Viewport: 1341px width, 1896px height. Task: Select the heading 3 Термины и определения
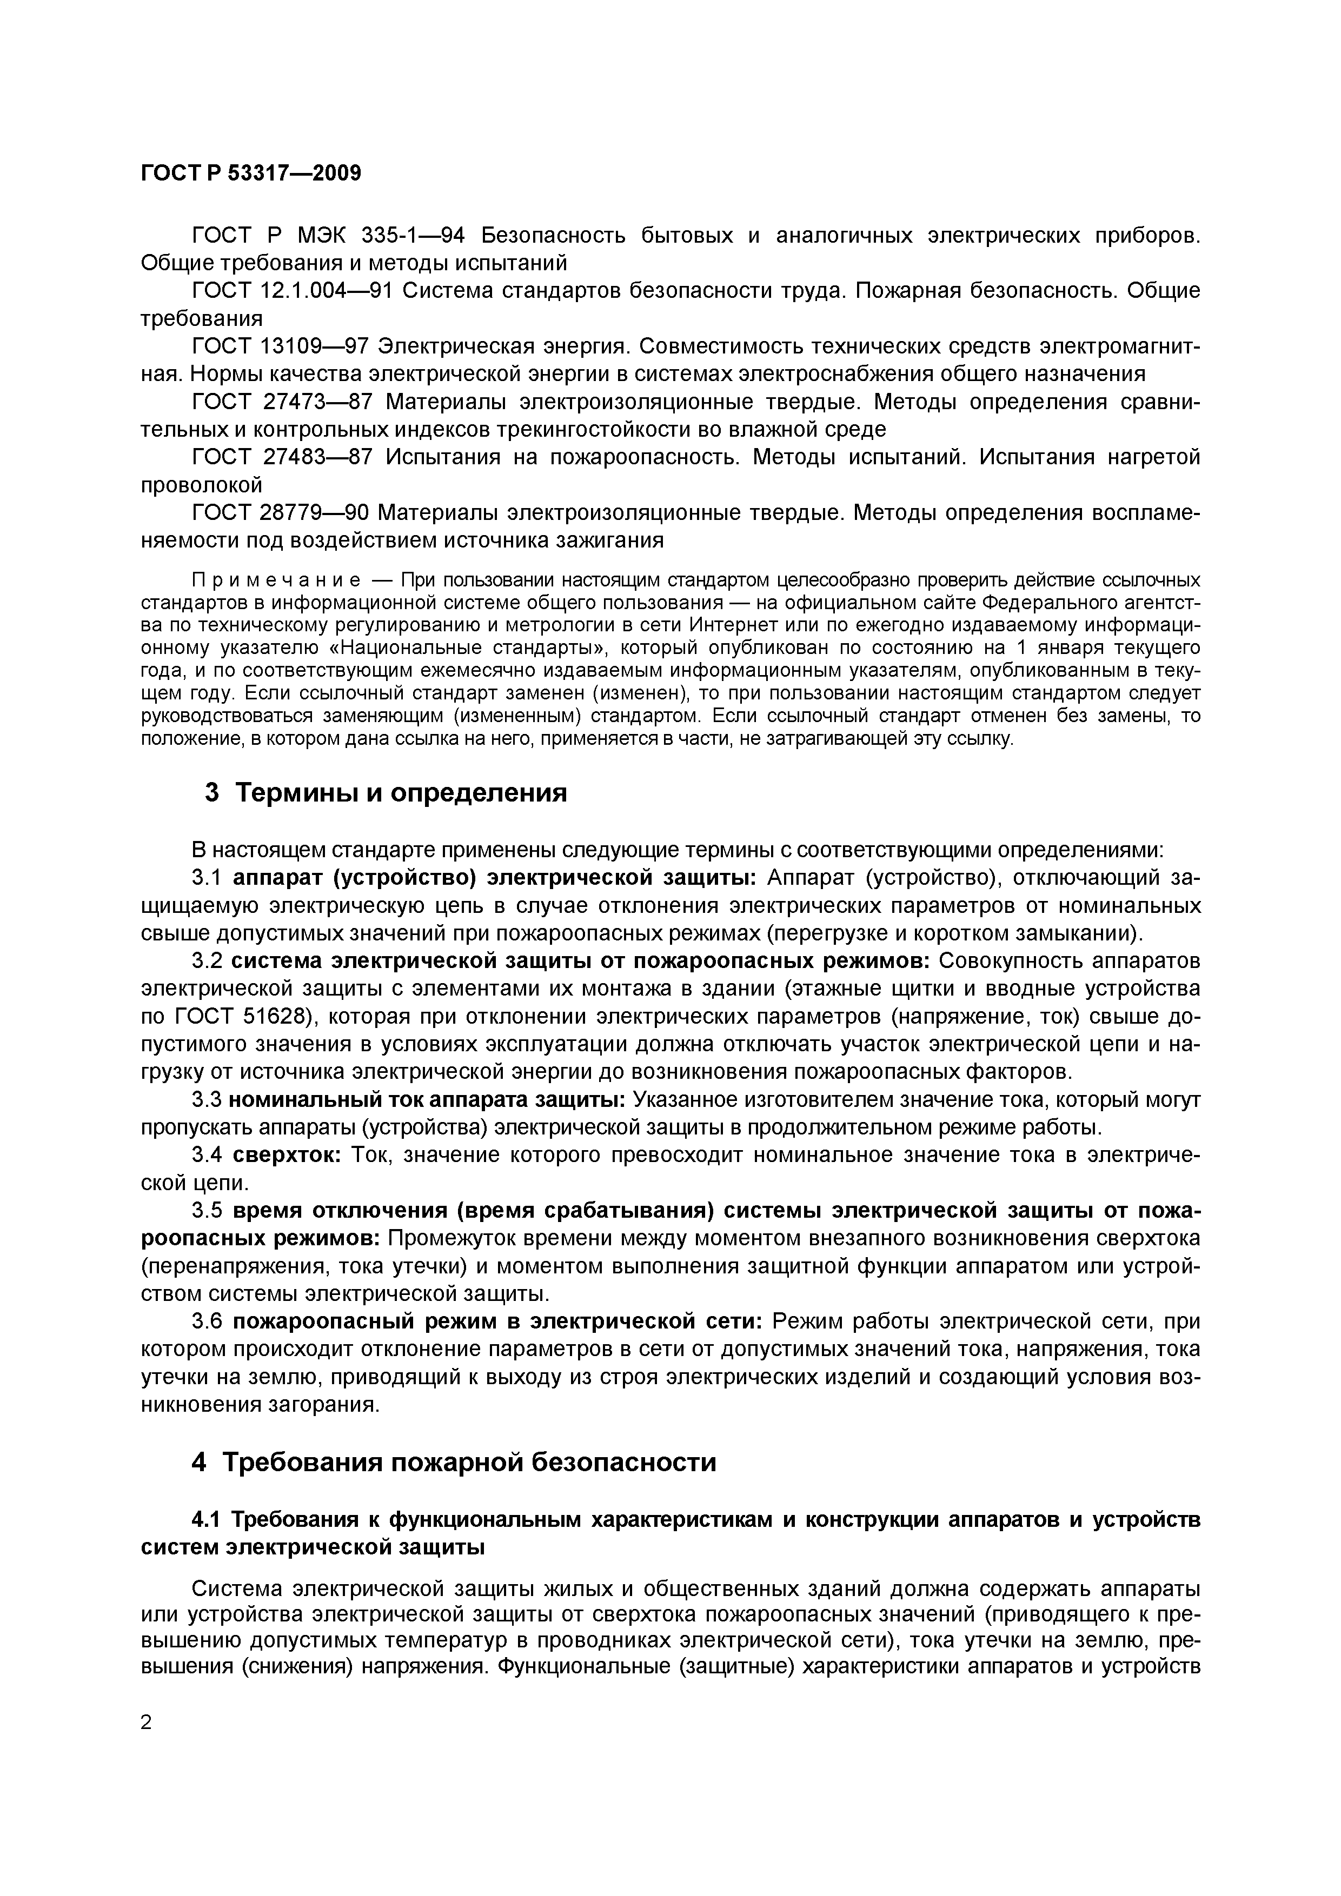pyautogui.click(x=386, y=793)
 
